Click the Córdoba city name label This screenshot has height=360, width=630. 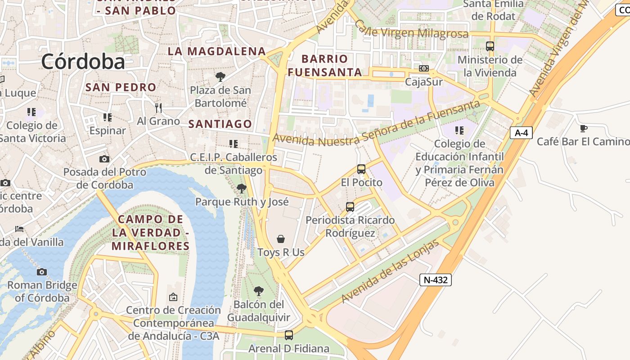pyautogui.click(x=83, y=62)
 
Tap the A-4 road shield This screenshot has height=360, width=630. pyautogui.click(x=522, y=133)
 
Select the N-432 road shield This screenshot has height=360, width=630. pyautogui.click(x=436, y=280)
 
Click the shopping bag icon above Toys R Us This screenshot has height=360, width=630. pyautogui.click(x=281, y=238)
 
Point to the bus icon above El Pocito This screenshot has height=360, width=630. pyautogui.click(x=361, y=169)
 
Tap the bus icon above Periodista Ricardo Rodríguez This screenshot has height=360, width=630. pyautogui.click(x=350, y=207)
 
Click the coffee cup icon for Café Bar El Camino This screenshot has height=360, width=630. pyautogui.click(x=584, y=128)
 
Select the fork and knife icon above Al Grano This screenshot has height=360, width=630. pyautogui.click(x=158, y=108)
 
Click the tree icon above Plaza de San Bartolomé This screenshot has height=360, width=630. pyautogui.click(x=220, y=77)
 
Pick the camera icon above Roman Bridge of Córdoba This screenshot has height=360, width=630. pyautogui.click(x=42, y=272)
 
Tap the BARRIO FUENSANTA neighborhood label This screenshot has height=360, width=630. pyautogui.click(x=325, y=65)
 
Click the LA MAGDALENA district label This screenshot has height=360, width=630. pyautogui.click(x=217, y=51)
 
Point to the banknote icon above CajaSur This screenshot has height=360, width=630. pyautogui.click(x=423, y=68)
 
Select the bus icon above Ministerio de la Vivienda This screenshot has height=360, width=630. pyautogui.click(x=490, y=46)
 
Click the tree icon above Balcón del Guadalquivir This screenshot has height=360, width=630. pyautogui.click(x=258, y=291)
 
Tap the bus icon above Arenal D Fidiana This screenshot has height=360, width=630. pyautogui.click(x=288, y=335)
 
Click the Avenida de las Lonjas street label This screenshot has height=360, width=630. pyautogui.click(x=390, y=272)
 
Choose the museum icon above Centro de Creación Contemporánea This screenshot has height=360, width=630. pyautogui.click(x=173, y=297)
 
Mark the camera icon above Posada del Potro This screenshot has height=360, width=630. pyautogui.click(x=104, y=159)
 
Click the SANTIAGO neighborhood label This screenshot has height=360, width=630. pyautogui.click(x=220, y=124)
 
